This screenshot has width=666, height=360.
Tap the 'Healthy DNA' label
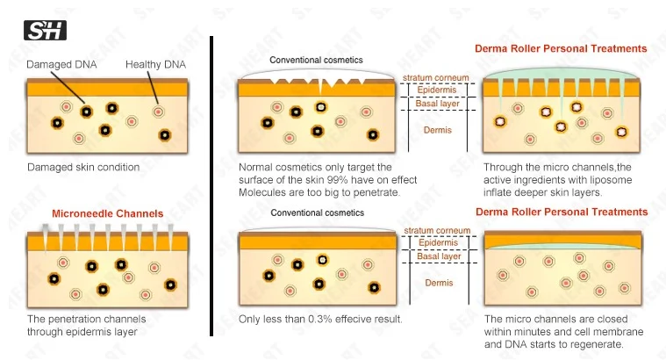[154, 65]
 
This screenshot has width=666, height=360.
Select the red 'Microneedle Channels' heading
[107, 213]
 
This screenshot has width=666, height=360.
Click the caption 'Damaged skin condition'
[82, 167]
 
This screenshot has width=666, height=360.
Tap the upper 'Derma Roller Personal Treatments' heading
[562, 48]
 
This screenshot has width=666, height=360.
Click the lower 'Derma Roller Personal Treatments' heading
[562, 212]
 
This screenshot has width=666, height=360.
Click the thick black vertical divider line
[212, 184]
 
